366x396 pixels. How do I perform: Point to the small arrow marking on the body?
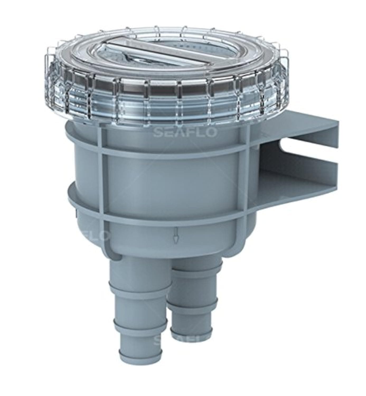pyautogui.click(x=175, y=238)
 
